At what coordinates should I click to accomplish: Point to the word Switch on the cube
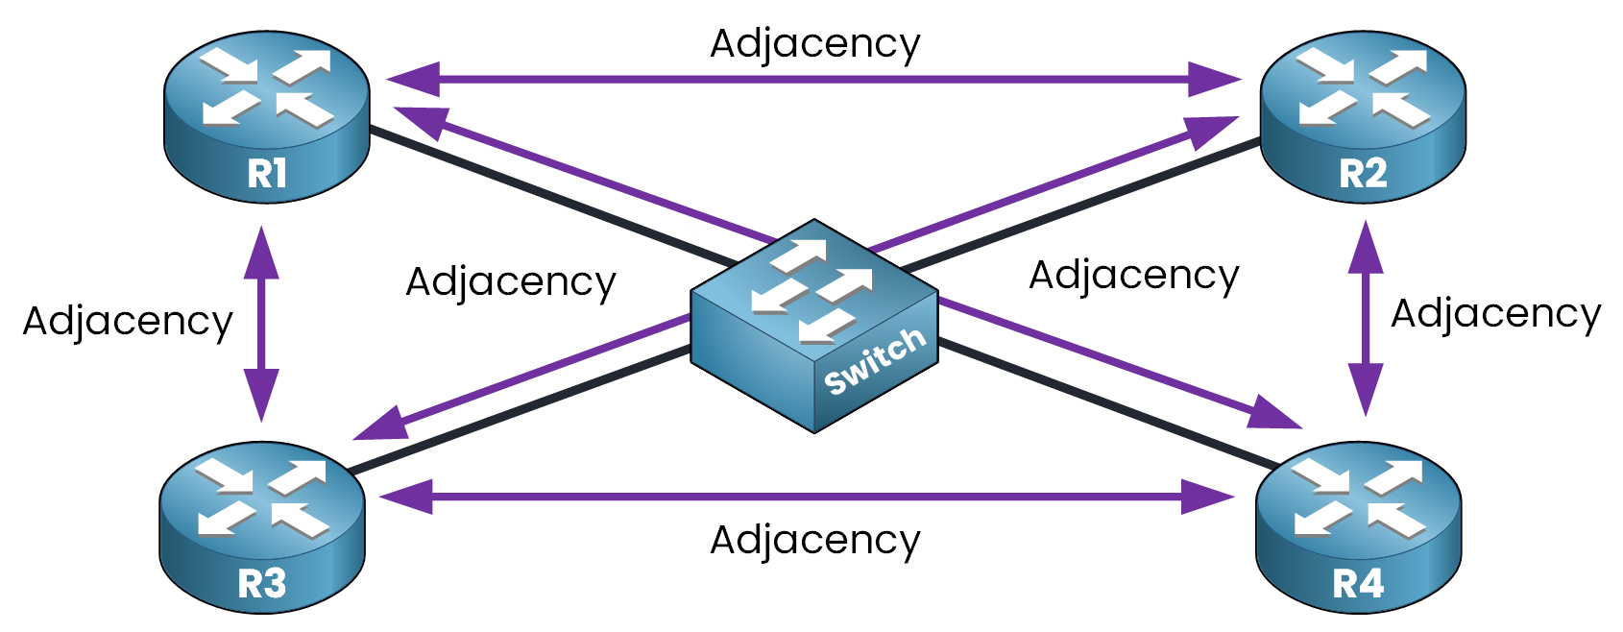tap(875, 360)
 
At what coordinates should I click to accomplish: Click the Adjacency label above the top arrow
tap(814, 43)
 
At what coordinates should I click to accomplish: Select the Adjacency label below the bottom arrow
tap(814, 540)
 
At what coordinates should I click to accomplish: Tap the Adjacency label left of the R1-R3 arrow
tap(128, 321)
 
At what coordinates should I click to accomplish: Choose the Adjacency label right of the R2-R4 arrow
tap(1495, 314)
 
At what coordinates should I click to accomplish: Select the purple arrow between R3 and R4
tap(807, 497)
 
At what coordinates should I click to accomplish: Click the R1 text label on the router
tap(266, 174)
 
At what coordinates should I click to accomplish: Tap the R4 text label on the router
tap(1358, 584)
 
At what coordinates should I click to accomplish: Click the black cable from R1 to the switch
tap(547, 196)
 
